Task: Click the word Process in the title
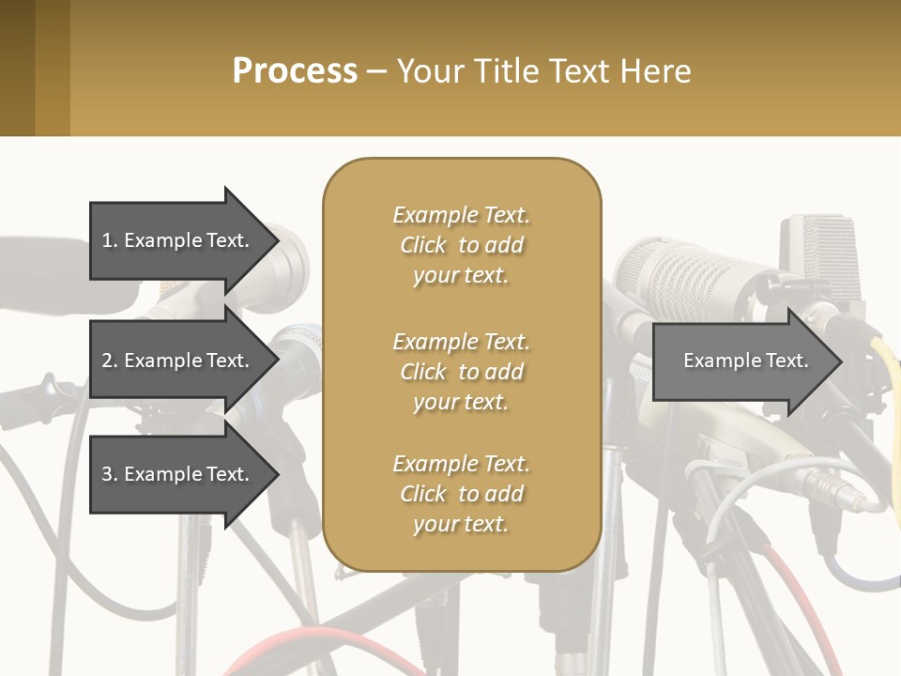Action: coord(295,71)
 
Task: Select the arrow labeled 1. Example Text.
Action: coord(176,240)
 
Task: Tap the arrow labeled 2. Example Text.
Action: coord(176,361)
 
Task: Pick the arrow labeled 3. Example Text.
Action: coord(176,474)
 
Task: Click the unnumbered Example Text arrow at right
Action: coord(745,361)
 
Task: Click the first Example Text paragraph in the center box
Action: coord(461,245)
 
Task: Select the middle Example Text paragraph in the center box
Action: coord(461,371)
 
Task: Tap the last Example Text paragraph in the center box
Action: coord(461,494)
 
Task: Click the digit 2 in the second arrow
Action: coord(107,361)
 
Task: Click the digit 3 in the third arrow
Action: coord(107,474)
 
